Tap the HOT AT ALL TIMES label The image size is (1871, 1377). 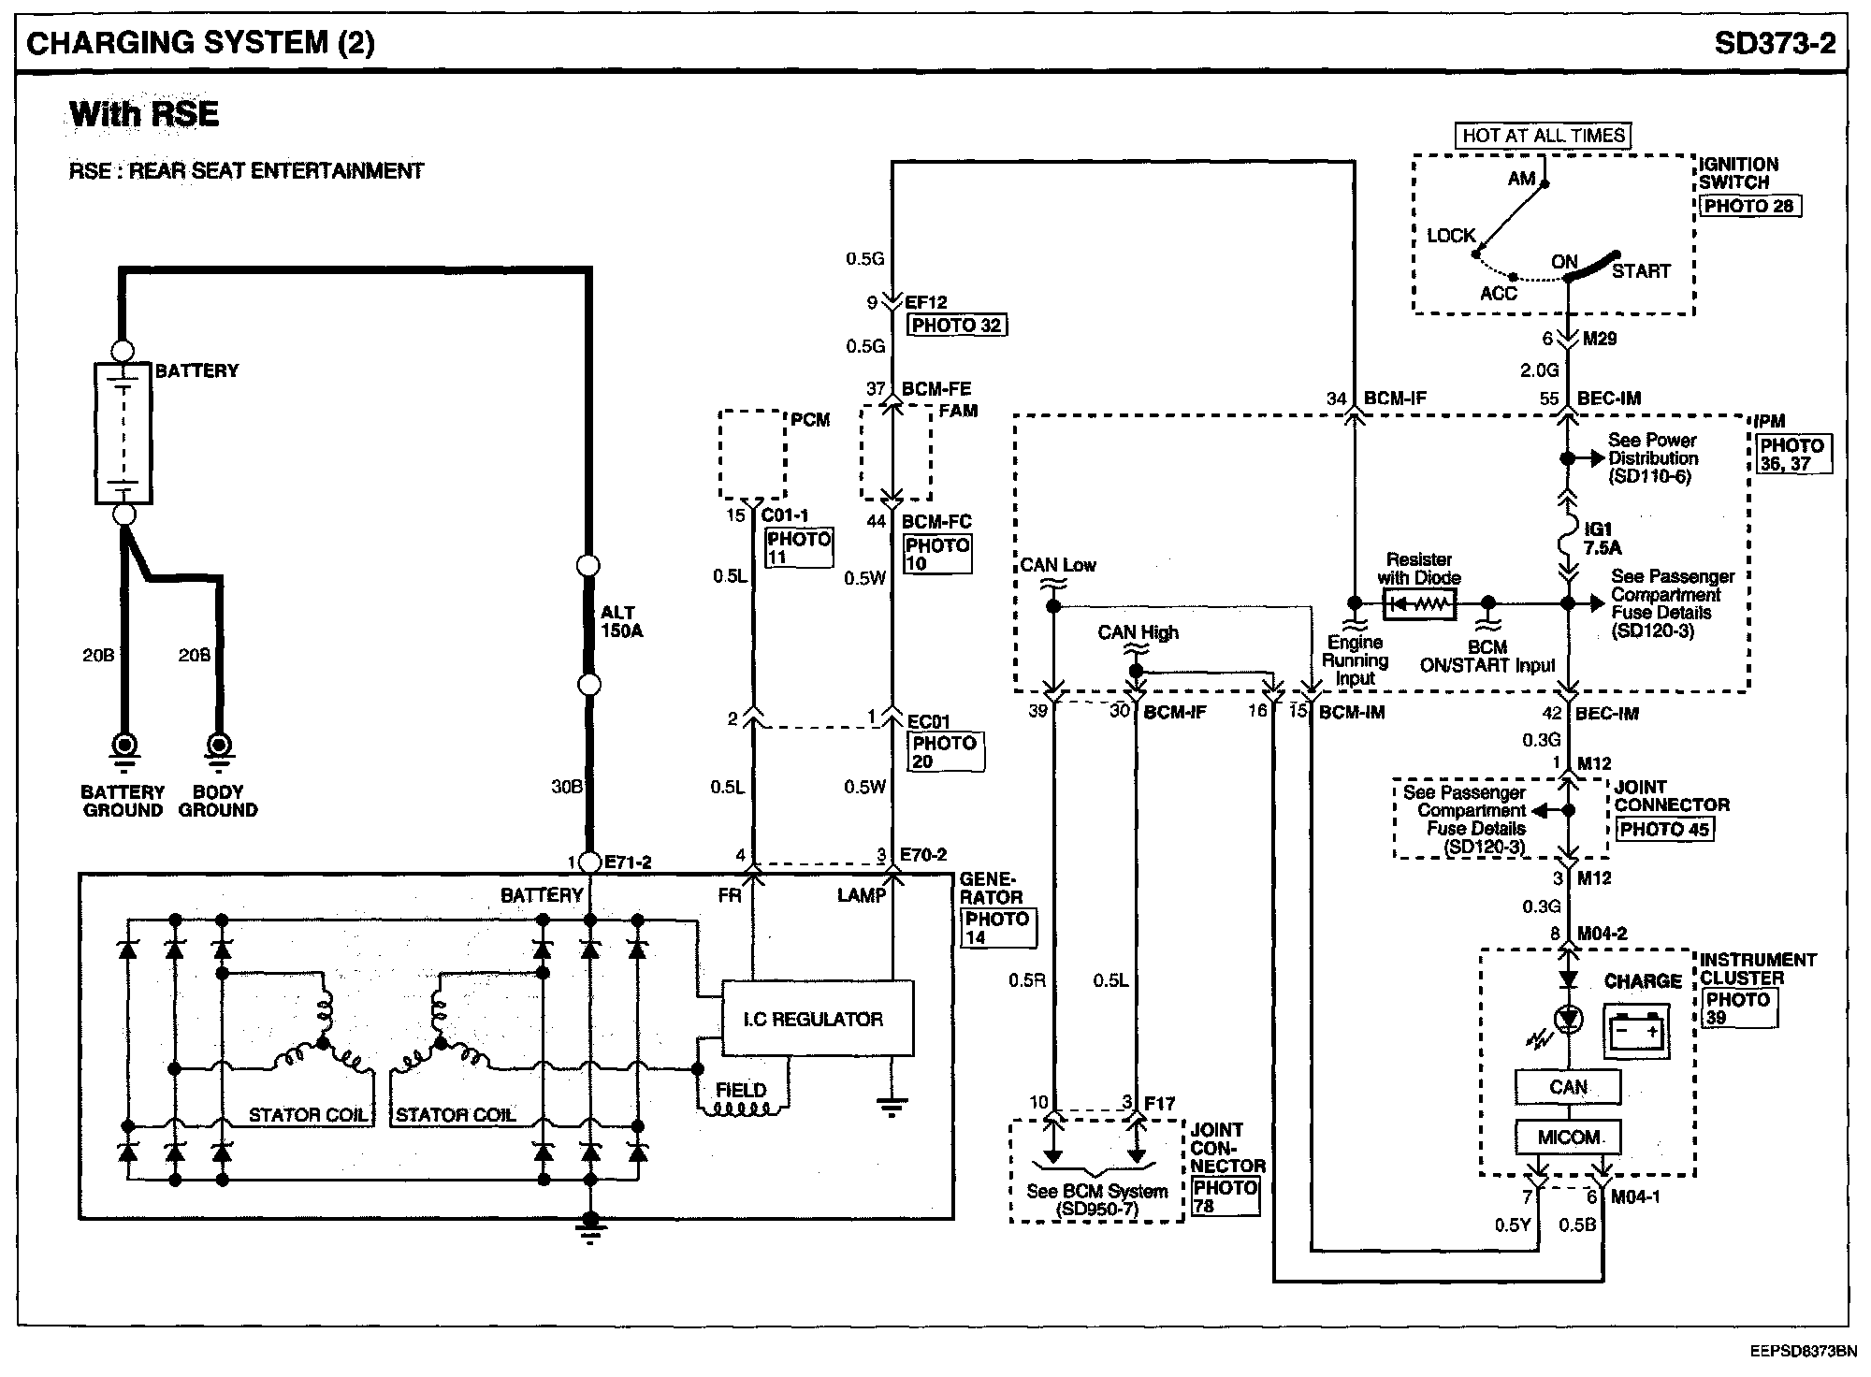pyautogui.click(x=1544, y=136)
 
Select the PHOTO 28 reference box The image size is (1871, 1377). pyautogui.click(x=1748, y=206)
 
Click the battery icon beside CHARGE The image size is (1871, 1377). pyautogui.click(x=1636, y=1032)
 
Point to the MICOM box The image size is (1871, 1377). pyautogui.click(x=1568, y=1138)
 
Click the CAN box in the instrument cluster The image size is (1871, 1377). pyautogui.click(x=1568, y=1087)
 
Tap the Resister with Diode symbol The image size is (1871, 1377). pyautogui.click(x=1419, y=604)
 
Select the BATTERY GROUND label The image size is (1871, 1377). pyautogui.click(x=123, y=801)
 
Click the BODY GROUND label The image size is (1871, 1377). pyautogui.click(x=218, y=801)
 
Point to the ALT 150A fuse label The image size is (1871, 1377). pyautogui.click(x=621, y=622)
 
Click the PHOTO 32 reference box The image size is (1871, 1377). pyautogui.click(x=957, y=326)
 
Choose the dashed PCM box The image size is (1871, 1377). pyautogui.click(x=752, y=455)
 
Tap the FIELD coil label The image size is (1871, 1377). pyautogui.click(x=741, y=1090)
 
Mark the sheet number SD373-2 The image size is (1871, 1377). pyautogui.click(x=1775, y=43)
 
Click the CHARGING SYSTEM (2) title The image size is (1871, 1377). pyautogui.click(x=200, y=43)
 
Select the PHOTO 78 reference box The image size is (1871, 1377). pyautogui.click(x=1226, y=1196)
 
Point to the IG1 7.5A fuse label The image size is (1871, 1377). pyautogui.click(x=1602, y=538)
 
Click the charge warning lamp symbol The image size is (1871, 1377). pyautogui.click(x=1568, y=1019)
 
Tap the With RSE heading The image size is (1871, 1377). pyautogui.click(x=144, y=114)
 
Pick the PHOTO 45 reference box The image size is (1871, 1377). pyautogui.click(x=1664, y=829)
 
